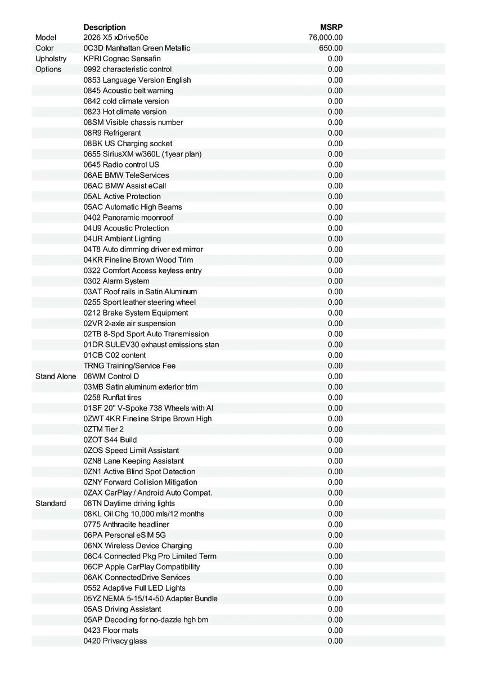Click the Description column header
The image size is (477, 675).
pos(105,27)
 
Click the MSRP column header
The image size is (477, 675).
pos(331,27)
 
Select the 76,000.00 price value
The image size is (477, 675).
pos(326,38)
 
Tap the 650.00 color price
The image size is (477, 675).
pos(331,48)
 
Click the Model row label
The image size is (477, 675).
pos(46,38)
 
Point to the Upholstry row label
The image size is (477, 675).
pos(51,58)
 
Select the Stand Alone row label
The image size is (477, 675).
pos(56,376)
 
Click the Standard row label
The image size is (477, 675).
pos(51,503)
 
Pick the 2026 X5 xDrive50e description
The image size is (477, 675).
pos(116,38)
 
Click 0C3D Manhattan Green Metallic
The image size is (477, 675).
pos(137,48)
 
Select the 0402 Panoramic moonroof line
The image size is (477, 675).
pos(128,218)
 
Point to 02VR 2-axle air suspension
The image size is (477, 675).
pos(129,323)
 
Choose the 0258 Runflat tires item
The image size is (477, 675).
pos(112,398)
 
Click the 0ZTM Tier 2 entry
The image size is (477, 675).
pos(103,429)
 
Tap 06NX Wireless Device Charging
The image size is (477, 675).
pos(138,546)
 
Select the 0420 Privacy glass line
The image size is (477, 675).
pos(115,641)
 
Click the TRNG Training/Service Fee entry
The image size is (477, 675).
pos(129,366)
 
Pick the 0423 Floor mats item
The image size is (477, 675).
pos(111,631)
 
